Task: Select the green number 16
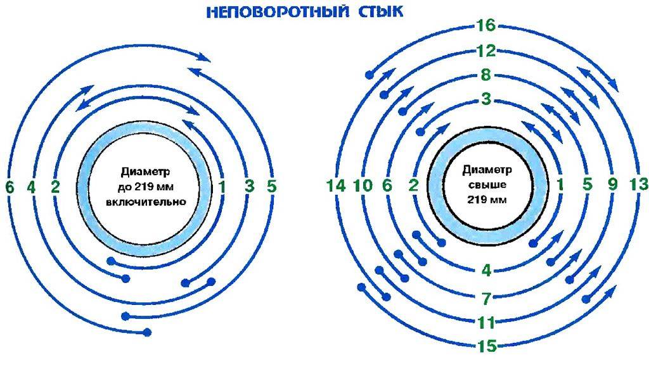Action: click(x=487, y=27)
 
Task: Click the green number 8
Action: click(x=487, y=76)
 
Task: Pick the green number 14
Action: click(x=336, y=185)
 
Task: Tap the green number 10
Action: click(x=363, y=185)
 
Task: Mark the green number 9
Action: click(x=612, y=185)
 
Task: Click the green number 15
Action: click(x=487, y=346)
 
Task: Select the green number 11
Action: click(x=487, y=322)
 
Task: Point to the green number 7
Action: click(x=487, y=297)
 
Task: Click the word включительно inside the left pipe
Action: click(x=145, y=203)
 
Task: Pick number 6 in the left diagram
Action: click(x=8, y=187)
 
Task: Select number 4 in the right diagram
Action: click(x=487, y=271)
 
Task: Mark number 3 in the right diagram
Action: click(x=487, y=100)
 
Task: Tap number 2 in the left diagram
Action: click(x=56, y=187)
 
